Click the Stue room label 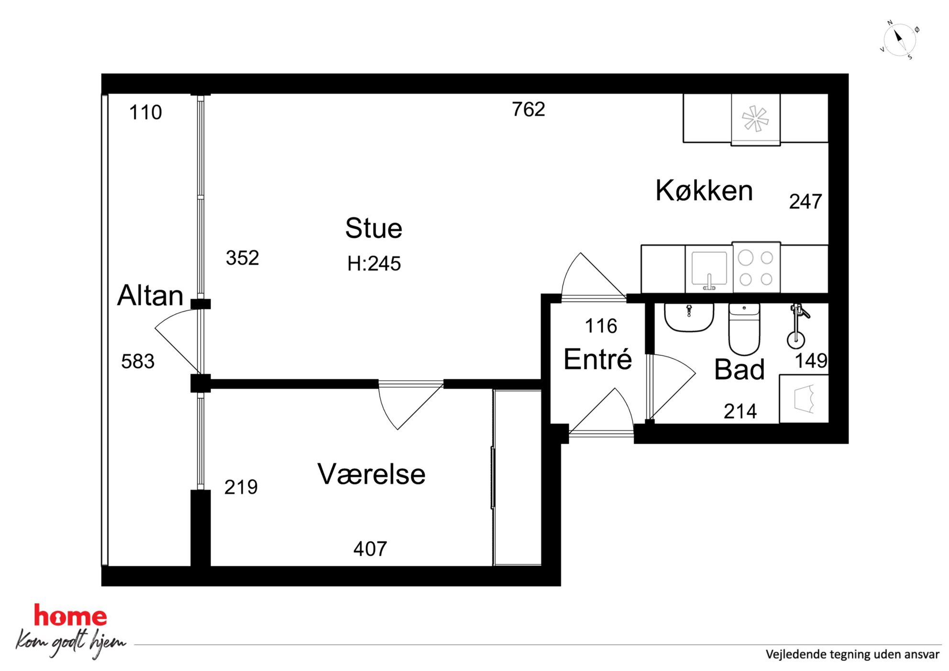click(374, 228)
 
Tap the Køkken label click(704, 190)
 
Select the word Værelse click(371, 474)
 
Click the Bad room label click(739, 369)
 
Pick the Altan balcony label click(150, 295)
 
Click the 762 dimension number click(529, 110)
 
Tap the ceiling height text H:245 click(374, 264)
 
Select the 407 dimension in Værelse click(370, 549)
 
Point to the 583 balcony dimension click(138, 361)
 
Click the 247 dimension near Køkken click(806, 201)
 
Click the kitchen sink click(709, 269)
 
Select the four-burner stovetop click(756, 268)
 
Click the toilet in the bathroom click(744, 329)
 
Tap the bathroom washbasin click(689, 317)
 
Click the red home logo click(70, 616)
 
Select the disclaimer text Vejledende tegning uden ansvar click(852, 654)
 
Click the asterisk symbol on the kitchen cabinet click(755, 118)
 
